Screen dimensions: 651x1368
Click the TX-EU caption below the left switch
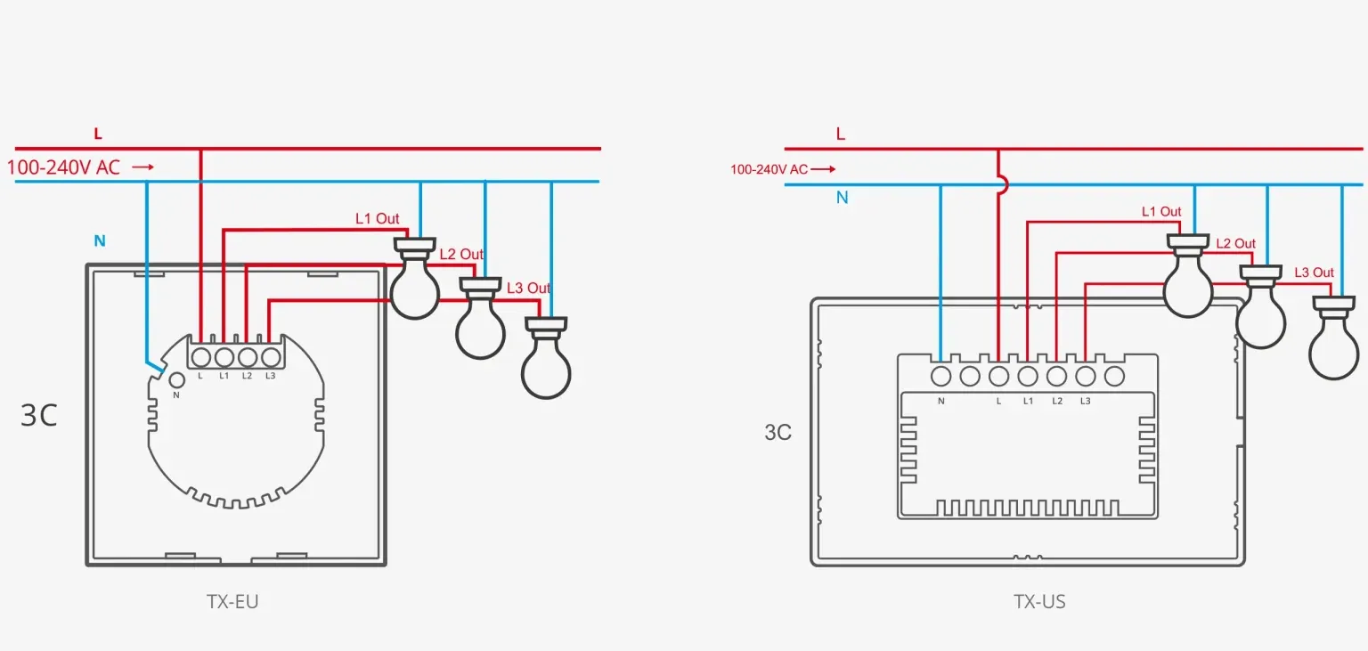pos(232,601)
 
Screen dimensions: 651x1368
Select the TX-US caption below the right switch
pos(1039,601)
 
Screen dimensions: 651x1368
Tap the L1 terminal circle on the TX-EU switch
pos(224,357)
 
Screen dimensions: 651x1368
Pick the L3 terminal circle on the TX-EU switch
pos(270,357)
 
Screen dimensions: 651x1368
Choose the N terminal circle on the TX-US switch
pos(940,376)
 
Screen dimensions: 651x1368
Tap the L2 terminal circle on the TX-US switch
pos(1056,376)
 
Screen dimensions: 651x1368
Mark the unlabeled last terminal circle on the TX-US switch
pos(1114,376)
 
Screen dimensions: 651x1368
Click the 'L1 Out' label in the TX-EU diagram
pos(378,218)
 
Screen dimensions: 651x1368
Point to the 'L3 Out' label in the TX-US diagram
pos(1314,273)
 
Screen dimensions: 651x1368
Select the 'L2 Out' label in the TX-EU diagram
pos(461,254)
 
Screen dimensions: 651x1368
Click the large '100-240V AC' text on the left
pos(63,167)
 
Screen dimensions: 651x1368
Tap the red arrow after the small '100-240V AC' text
pos(823,169)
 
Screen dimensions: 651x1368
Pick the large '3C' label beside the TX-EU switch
pos(39,415)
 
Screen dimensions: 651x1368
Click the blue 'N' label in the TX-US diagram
pos(842,198)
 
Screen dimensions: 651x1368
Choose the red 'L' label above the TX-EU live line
pos(98,134)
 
